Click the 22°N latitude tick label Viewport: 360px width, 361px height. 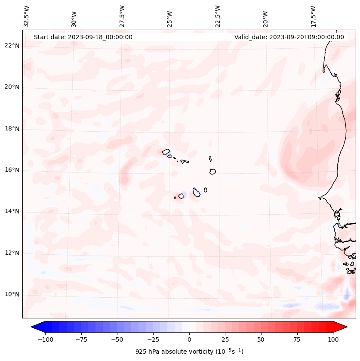12,46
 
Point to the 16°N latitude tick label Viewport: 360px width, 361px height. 12,170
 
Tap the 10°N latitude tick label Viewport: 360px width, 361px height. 12,294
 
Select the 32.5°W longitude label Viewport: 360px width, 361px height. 27,16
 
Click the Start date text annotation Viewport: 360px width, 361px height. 83,37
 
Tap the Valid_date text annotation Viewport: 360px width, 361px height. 289,37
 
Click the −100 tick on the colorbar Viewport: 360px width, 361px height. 45,339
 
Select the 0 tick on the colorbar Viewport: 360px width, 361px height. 189,339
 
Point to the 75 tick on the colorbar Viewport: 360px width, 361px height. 297,339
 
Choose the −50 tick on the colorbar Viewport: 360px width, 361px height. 117,339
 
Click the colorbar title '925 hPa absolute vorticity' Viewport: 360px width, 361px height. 189,352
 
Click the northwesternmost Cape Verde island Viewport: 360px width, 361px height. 166,151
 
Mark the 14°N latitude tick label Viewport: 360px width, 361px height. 12,211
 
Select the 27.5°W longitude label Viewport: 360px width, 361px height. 122,16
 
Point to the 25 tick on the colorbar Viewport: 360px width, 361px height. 225,339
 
